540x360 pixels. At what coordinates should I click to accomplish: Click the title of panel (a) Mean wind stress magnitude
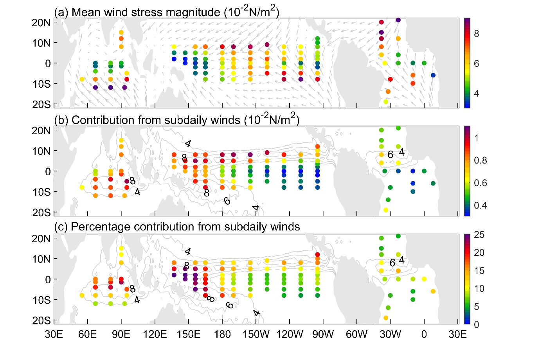pyautogui.click(x=167, y=12)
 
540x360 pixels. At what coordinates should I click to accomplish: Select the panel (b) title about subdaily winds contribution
pyautogui.click(x=176, y=119)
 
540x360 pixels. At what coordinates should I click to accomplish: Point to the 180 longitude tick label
pyautogui.click(x=222, y=335)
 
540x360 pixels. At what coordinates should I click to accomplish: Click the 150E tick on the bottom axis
pyautogui.click(x=189, y=335)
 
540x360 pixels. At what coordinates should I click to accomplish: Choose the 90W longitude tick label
pyautogui.click(x=323, y=335)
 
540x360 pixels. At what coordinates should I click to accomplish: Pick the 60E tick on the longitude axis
pyautogui.click(x=88, y=335)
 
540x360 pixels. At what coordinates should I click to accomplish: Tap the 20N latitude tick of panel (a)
pyautogui.click(x=41, y=23)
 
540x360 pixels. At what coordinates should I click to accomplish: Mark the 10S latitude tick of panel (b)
pyautogui.click(x=41, y=192)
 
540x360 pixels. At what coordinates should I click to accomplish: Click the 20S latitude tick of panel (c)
pyautogui.click(x=41, y=321)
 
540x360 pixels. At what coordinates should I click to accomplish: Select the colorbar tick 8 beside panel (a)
pyautogui.click(x=476, y=34)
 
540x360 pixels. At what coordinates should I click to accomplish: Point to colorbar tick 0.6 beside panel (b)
pyautogui.click(x=481, y=183)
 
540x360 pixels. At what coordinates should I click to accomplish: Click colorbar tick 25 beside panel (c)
pyautogui.click(x=479, y=235)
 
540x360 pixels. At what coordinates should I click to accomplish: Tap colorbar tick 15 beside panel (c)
pyautogui.click(x=479, y=271)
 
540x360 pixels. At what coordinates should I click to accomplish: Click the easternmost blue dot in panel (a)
pyautogui.click(x=433, y=75)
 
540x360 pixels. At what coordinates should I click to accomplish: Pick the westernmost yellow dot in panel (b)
pyautogui.click(x=82, y=187)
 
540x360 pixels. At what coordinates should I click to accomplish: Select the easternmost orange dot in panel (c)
pyautogui.click(x=433, y=291)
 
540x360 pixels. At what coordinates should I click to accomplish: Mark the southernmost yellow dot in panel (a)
pyautogui.click(x=386, y=102)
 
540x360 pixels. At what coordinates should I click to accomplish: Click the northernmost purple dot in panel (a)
pyautogui.click(x=398, y=20)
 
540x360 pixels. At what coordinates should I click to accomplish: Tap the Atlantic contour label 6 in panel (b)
pyautogui.click(x=390, y=155)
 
